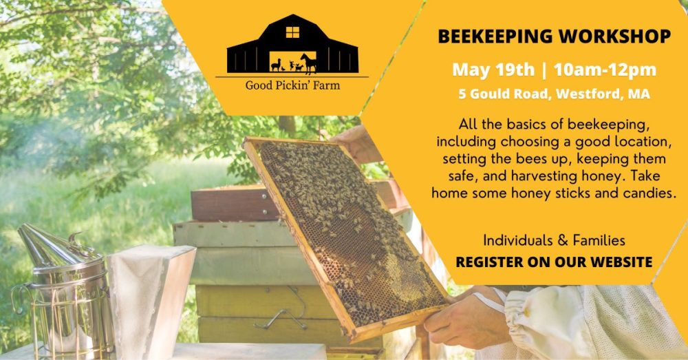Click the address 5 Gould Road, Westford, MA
554,94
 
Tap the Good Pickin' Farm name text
292,86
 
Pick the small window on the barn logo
292,32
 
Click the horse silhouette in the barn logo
309,63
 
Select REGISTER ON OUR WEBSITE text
554,262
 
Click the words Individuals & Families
554,241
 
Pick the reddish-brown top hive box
227,203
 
